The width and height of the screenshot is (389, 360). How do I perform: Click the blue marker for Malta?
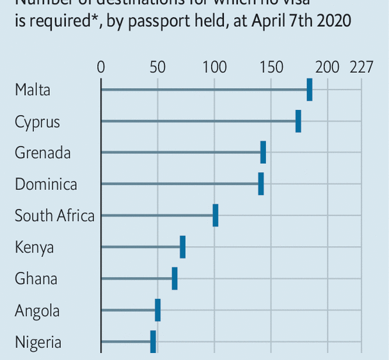pos(310,90)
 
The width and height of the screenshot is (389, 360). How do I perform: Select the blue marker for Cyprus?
pos(298,121)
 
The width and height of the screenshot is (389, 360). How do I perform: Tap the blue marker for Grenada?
pos(263,152)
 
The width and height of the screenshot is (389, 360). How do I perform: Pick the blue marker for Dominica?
pos(260,184)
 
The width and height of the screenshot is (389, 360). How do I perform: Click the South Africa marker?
pos(216,215)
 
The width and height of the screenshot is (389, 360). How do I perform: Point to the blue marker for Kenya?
pos(182,247)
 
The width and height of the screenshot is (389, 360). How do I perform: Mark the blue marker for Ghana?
pos(174,278)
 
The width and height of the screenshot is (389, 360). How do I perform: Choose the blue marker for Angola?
pos(157,309)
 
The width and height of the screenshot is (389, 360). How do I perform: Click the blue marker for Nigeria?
pos(153,341)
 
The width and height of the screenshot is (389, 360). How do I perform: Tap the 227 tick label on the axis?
pos(361,67)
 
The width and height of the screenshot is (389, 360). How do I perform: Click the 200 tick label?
pos(328,67)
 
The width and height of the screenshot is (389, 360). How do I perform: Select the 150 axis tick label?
pos(271,67)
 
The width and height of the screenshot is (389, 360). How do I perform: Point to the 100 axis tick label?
pos(214,67)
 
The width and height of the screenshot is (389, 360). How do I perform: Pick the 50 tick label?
pos(157,67)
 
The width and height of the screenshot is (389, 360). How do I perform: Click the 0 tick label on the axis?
pos(101,67)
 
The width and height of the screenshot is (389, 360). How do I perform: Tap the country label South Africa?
pos(54,215)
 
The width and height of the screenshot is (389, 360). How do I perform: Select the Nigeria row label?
pos(38,342)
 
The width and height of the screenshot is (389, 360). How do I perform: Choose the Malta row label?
pos(33,90)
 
